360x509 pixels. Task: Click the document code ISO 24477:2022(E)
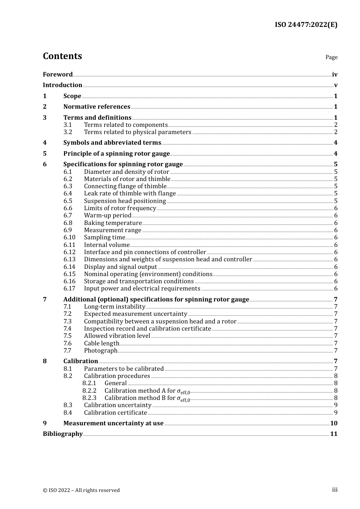pos(306,25)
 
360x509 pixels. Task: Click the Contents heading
pos(62,56)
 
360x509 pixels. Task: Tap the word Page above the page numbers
pos(331,57)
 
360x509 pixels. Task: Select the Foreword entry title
pos(58,75)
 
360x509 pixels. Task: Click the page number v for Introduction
pos(335,85)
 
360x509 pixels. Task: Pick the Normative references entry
pos(97,107)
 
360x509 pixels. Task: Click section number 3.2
pos(68,132)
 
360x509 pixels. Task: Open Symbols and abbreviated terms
pos(112,143)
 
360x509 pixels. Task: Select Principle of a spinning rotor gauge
pos(116,154)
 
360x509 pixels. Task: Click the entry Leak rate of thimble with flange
pos(130,194)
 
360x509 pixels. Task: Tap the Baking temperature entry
pos(113,223)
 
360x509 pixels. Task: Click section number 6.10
pos(69,237)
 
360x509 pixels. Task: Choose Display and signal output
pos(120,267)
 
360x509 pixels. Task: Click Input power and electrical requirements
pos(142,289)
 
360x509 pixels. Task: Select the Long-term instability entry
pos(114,307)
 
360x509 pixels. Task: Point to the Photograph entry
pos(100,351)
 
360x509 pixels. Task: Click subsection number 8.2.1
pos(89,383)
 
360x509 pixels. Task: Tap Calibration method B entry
pos(147,398)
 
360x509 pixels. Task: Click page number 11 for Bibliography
pos(333,434)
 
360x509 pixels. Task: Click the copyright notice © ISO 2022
pos(81,490)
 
